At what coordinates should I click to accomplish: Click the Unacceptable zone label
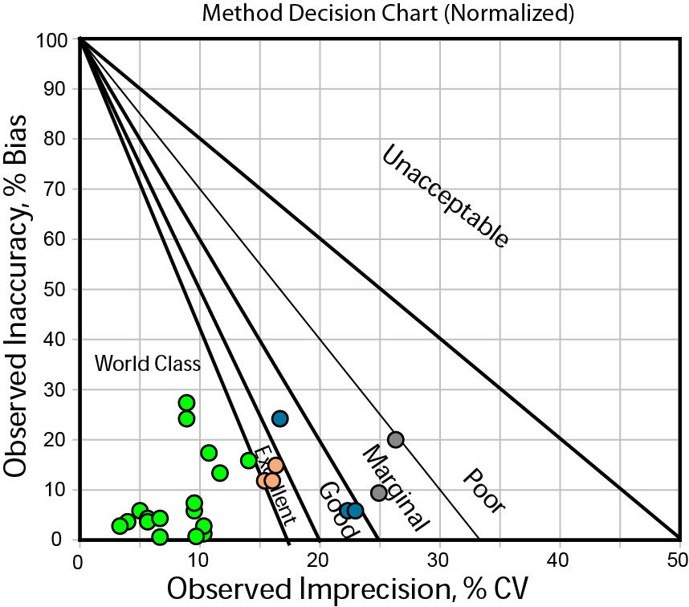pos(444,197)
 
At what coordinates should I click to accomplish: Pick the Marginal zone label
pos(395,487)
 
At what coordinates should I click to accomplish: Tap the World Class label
pos(147,364)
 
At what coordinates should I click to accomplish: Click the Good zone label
pos(338,505)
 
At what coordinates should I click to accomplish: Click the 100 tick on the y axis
pos(53,39)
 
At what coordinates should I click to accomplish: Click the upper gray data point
pos(395,439)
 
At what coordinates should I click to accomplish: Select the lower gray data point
pos(379,492)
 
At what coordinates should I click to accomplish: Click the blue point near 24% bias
pos(279,418)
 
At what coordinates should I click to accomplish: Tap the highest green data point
pos(186,403)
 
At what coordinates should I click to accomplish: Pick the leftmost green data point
pos(120,526)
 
